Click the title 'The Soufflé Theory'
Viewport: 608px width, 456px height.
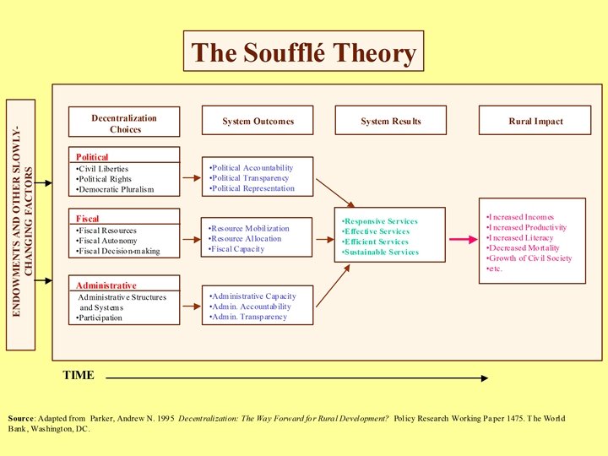pyautogui.click(x=303, y=52)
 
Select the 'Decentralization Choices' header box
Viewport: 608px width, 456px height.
pyautogui.click(x=124, y=122)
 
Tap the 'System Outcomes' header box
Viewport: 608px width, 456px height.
pyautogui.click(x=258, y=121)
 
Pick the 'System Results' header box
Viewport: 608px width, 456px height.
pyautogui.click(x=390, y=121)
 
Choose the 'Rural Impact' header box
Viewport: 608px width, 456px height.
pyautogui.click(x=535, y=121)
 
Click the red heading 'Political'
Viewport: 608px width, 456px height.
pyautogui.click(x=92, y=157)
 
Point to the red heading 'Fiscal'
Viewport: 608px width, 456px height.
pyautogui.click(x=88, y=219)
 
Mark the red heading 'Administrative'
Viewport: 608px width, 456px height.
pyautogui.click(x=106, y=285)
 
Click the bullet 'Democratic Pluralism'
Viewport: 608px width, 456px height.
pyautogui.click(x=117, y=189)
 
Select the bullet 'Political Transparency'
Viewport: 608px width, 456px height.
pyautogui.click(x=250, y=178)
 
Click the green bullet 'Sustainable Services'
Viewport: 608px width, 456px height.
pyautogui.click(x=381, y=252)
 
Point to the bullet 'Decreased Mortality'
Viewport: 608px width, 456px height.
pyautogui.click(x=524, y=248)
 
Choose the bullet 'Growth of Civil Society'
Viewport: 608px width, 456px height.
pyautogui.click(x=530, y=258)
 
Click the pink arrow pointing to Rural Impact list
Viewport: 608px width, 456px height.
pyautogui.click(x=463, y=239)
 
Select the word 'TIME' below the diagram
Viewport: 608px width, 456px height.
pyautogui.click(x=79, y=375)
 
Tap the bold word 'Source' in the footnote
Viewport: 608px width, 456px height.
pyautogui.click(x=22, y=419)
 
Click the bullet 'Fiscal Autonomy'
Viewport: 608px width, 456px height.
pyautogui.click(x=111, y=241)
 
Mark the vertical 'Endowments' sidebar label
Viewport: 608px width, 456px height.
pyautogui.click(x=20, y=224)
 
